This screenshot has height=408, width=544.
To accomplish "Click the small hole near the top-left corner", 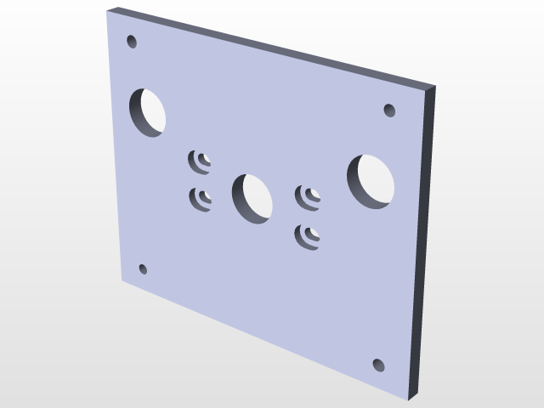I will pyautogui.click(x=132, y=40).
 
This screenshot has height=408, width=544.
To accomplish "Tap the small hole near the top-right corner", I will pyautogui.click(x=389, y=110).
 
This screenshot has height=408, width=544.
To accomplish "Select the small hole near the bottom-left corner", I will pyautogui.click(x=143, y=269).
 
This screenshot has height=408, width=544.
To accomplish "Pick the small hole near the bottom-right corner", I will pyautogui.click(x=379, y=365).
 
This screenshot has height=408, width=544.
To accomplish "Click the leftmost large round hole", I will pyautogui.click(x=148, y=110).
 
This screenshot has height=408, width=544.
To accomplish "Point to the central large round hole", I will pyautogui.click(x=252, y=198).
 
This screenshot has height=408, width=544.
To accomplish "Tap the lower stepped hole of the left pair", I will pyautogui.click(x=201, y=198).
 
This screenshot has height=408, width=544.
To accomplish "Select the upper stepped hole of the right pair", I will pyautogui.click(x=308, y=197).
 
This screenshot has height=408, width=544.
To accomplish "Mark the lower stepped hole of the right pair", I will pyautogui.click(x=308, y=236).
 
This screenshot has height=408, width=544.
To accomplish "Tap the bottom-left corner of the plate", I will pyautogui.click(x=122, y=280).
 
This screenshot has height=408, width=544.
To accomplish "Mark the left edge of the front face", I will pyautogui.click(x=115, y=144).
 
